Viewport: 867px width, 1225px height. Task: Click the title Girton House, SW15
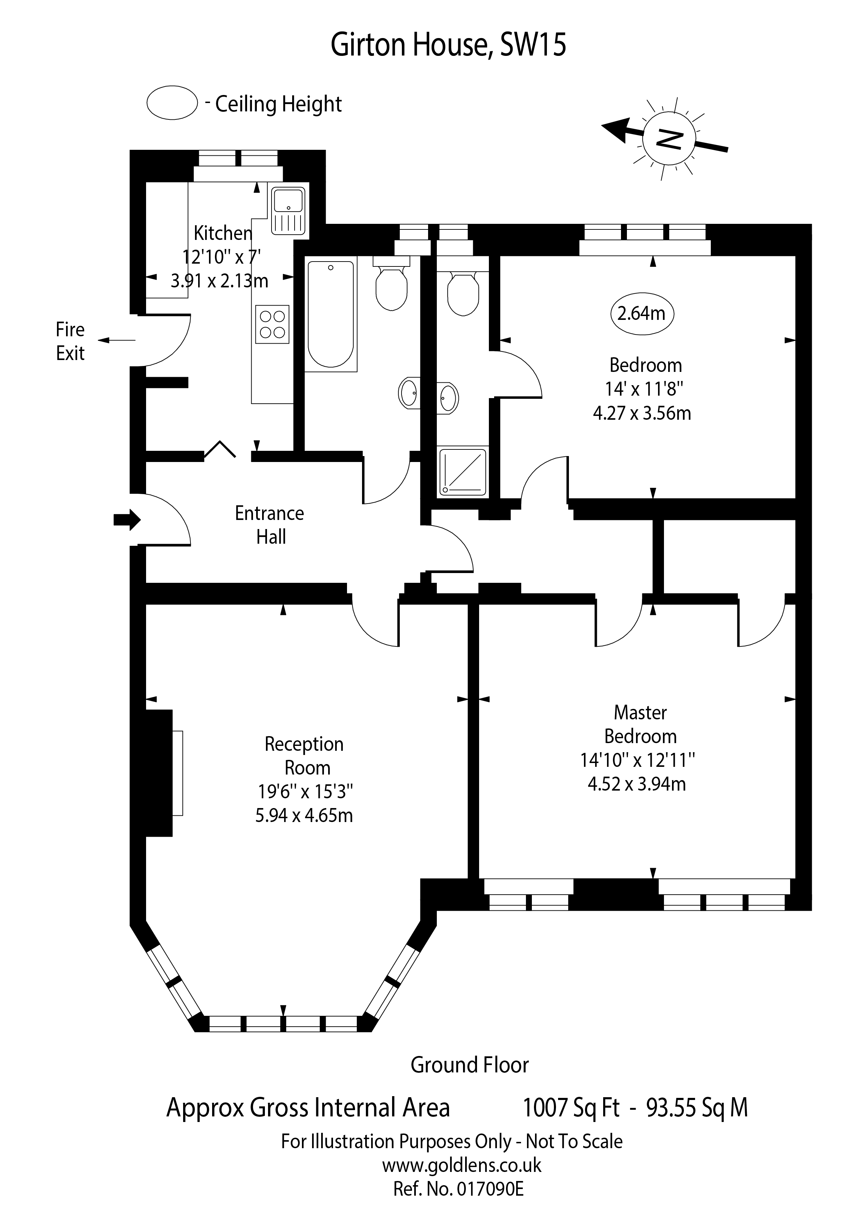tap(448, 45)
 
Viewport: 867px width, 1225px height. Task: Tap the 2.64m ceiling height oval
tap(642, 313)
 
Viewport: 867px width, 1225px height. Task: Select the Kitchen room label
tap(223, 233)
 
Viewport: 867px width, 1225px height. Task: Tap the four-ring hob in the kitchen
tap(272, 324)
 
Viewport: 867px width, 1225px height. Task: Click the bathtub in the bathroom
tap(331, 315)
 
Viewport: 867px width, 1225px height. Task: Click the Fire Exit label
tap(70, 342)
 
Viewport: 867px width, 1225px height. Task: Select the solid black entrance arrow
tap(127, 519)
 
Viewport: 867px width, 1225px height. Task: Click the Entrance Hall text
tap(269, 525)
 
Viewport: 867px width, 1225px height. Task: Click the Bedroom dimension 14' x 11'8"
tap(644, 389)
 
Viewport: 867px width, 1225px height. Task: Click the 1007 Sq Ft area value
tap(571, 1108)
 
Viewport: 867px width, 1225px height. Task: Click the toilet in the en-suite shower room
tap(462, 293)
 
